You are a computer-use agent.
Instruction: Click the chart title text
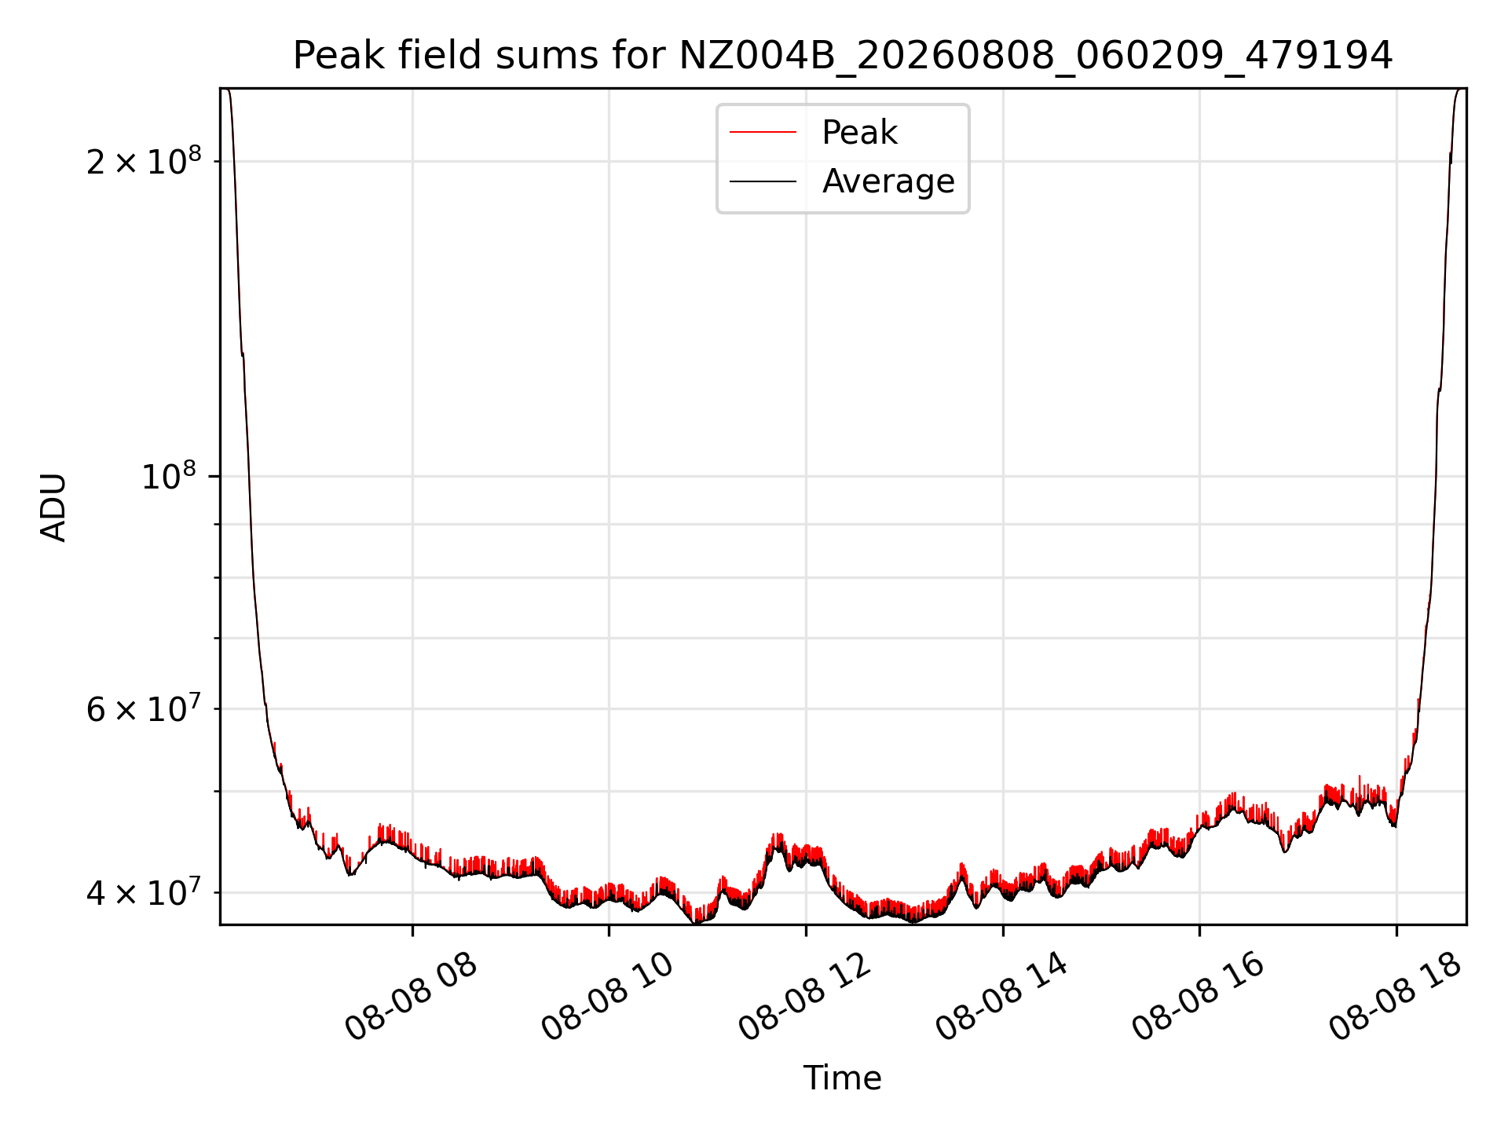[x=843, y=55]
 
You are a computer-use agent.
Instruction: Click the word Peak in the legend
[x=859, y=133]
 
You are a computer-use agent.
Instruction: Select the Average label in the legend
[x=888, y=181]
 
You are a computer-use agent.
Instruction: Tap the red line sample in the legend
[x=763, y=133]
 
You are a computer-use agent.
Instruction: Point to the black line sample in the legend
[x=763, y=181]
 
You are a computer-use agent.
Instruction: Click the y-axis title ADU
[x=53, y=507]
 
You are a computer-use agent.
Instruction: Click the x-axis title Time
[x=843, y=1078]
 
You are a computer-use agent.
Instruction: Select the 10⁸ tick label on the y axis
[x=169, y=475]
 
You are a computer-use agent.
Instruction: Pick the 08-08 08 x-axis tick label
[x=412, y=997]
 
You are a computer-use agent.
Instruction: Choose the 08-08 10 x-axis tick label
[x=608, y=997]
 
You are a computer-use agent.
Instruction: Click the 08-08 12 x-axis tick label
[x=805, y=997]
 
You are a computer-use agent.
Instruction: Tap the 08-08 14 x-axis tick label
[x=1001, y=997]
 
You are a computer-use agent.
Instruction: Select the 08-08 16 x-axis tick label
[x=1198, y=997]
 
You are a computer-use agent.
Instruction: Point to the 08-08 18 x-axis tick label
[x=1395, y=997]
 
